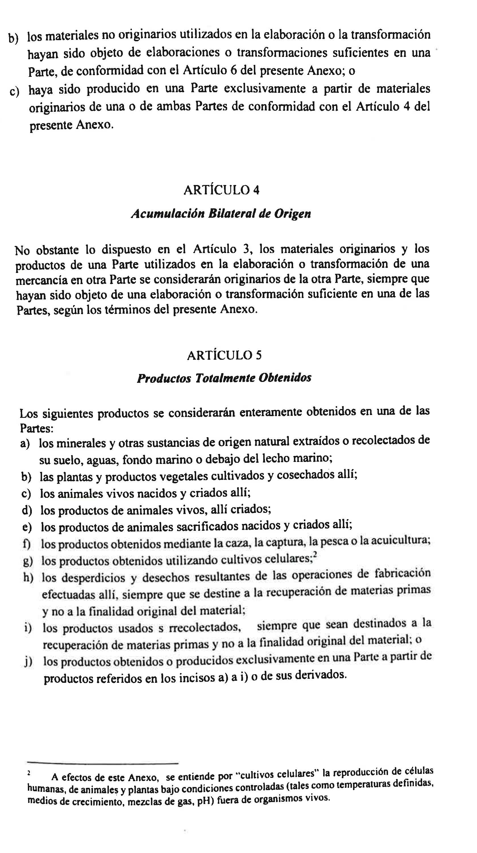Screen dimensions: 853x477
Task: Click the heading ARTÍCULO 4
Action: [221, 190]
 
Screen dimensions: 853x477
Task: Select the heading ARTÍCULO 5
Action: [224, 355]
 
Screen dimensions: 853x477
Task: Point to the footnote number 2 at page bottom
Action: [29, 773]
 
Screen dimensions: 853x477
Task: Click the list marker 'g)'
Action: [28, 561]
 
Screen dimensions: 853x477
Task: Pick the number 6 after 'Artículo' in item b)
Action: [234, 71]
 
